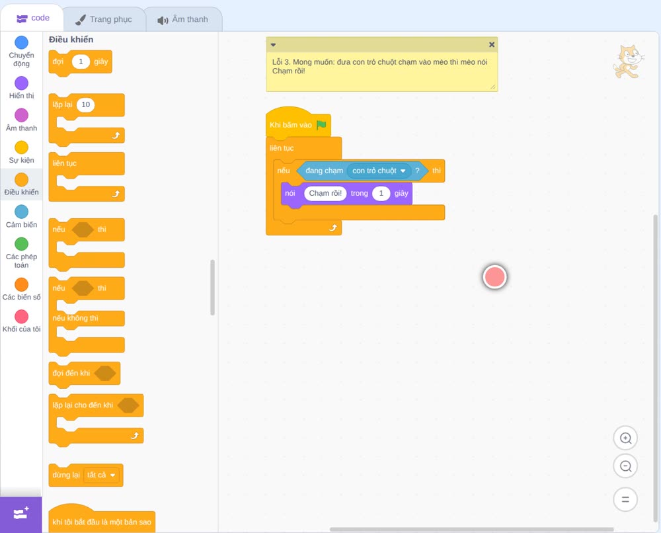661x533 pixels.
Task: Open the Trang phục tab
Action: coord(104,19)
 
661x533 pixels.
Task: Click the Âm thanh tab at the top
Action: coord(183,19)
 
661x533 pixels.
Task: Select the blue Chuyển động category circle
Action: coord(22,42)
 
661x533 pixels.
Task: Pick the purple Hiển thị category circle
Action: coord(22,83)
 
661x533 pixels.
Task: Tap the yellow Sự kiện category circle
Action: coord(22,147)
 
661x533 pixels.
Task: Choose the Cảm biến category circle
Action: coord(22,212)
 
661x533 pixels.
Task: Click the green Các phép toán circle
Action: coord(22,244)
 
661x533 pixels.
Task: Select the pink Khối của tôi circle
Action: coord(22,317)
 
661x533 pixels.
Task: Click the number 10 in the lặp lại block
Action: coord(85,104)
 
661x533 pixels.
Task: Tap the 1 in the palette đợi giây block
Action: coord(81,61)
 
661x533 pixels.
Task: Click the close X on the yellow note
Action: coord(492,45)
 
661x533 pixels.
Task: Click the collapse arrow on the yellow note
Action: coord(273,45)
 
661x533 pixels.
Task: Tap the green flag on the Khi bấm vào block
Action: coord(321,125)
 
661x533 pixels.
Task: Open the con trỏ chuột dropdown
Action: coord(379,171)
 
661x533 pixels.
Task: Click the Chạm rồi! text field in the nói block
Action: coord(325,194)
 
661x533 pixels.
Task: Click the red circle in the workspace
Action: coord(494,277)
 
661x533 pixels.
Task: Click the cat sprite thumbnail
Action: coord(628,61)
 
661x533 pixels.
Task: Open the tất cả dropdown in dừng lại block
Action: coord(101,475)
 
